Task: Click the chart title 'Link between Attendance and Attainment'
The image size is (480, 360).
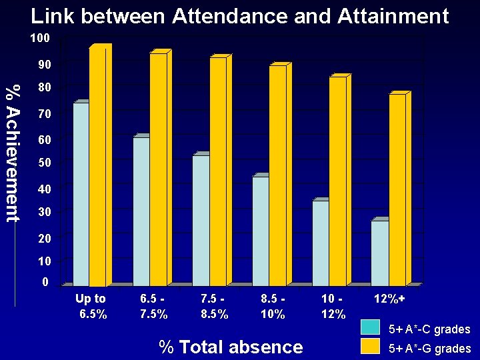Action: [x=240, y=16]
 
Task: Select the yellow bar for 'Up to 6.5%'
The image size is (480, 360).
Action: [x=97, y=167]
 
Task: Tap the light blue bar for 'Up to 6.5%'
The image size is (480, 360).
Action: [x=81, y=194]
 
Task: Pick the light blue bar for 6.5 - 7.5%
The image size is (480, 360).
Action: [x=141, y=211]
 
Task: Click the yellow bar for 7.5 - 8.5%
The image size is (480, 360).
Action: [x=218, y=172]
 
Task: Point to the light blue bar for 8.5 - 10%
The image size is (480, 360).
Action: [x=260, y=231]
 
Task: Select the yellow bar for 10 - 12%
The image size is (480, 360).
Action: [x=337, y=181]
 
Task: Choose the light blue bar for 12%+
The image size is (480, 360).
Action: [x=380, y=253]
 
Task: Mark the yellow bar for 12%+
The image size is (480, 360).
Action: [x=397, y=190]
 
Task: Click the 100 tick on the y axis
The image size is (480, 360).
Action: [x=39, y=38]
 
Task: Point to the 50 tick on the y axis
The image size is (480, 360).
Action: [x=43, y=163]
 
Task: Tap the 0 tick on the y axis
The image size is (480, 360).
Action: [x=45, y=282]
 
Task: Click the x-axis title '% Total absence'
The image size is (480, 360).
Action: [x=231, y=347]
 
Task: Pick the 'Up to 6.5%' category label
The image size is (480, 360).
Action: [x=91, y=306]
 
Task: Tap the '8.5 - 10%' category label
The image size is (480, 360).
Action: [x=273, y=306]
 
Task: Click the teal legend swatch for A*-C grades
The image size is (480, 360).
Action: [x=371, y=328]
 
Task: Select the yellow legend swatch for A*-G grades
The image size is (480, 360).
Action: [x=371, y=346]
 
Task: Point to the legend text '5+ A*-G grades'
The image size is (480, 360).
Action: [x=430, y=348]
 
